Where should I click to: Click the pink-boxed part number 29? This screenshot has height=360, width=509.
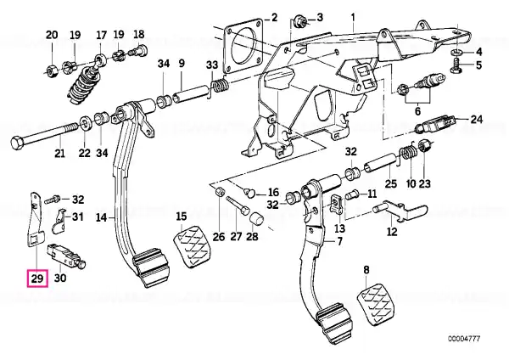coord(37,278)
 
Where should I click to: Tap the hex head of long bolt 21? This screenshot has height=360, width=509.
coord(17,143)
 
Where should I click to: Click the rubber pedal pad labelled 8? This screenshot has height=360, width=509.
coord(376,303)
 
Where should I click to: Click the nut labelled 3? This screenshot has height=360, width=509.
coord(299,23)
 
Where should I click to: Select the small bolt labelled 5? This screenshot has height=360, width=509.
coord(457,65)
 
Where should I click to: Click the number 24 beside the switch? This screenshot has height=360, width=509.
coord(476,120)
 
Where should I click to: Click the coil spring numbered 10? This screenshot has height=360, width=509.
coord(408,152)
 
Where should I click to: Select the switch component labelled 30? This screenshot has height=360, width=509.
coord(66,256)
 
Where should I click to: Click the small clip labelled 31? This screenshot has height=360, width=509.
coord(59,221)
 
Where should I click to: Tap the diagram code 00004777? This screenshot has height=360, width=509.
coord(464,339)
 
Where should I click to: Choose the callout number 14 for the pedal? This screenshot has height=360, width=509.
coord(102,217)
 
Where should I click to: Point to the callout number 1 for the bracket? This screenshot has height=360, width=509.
coord(353,17)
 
